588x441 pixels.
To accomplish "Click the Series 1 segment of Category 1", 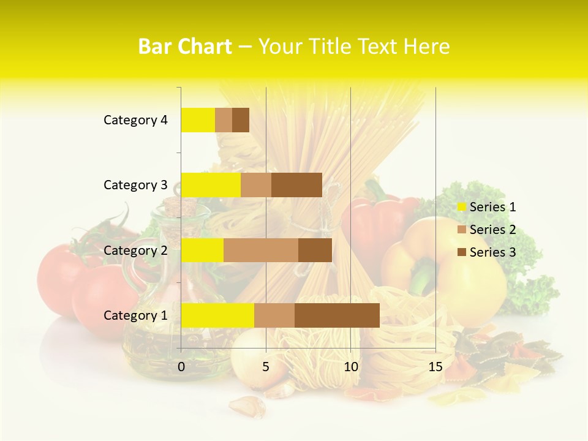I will tap(217, 315).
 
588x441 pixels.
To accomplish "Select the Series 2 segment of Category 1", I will tap(274, 315).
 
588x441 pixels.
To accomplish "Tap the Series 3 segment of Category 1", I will tap(337, 315).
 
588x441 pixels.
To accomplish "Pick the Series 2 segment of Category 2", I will tap(261, 251).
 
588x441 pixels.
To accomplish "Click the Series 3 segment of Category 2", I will tap(315, 251).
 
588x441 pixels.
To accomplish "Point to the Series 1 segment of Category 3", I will tap(211, 185).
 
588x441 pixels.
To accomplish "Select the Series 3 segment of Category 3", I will tap(296, 185).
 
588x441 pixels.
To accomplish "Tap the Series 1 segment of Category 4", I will tap(198, 120).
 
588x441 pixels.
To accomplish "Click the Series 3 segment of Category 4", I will tap(241, 120).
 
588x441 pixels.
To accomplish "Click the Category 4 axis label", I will tap(135, 120).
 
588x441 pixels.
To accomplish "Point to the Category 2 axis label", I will tap(135, 251).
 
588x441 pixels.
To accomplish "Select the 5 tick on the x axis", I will tap(266, 367).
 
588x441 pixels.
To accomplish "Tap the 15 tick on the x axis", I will tap(435, 367).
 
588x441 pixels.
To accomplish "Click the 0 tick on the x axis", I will tap(181, 367).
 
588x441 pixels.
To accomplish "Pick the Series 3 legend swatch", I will tap(462, 252).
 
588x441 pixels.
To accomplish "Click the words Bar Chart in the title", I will tap(185, 47).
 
